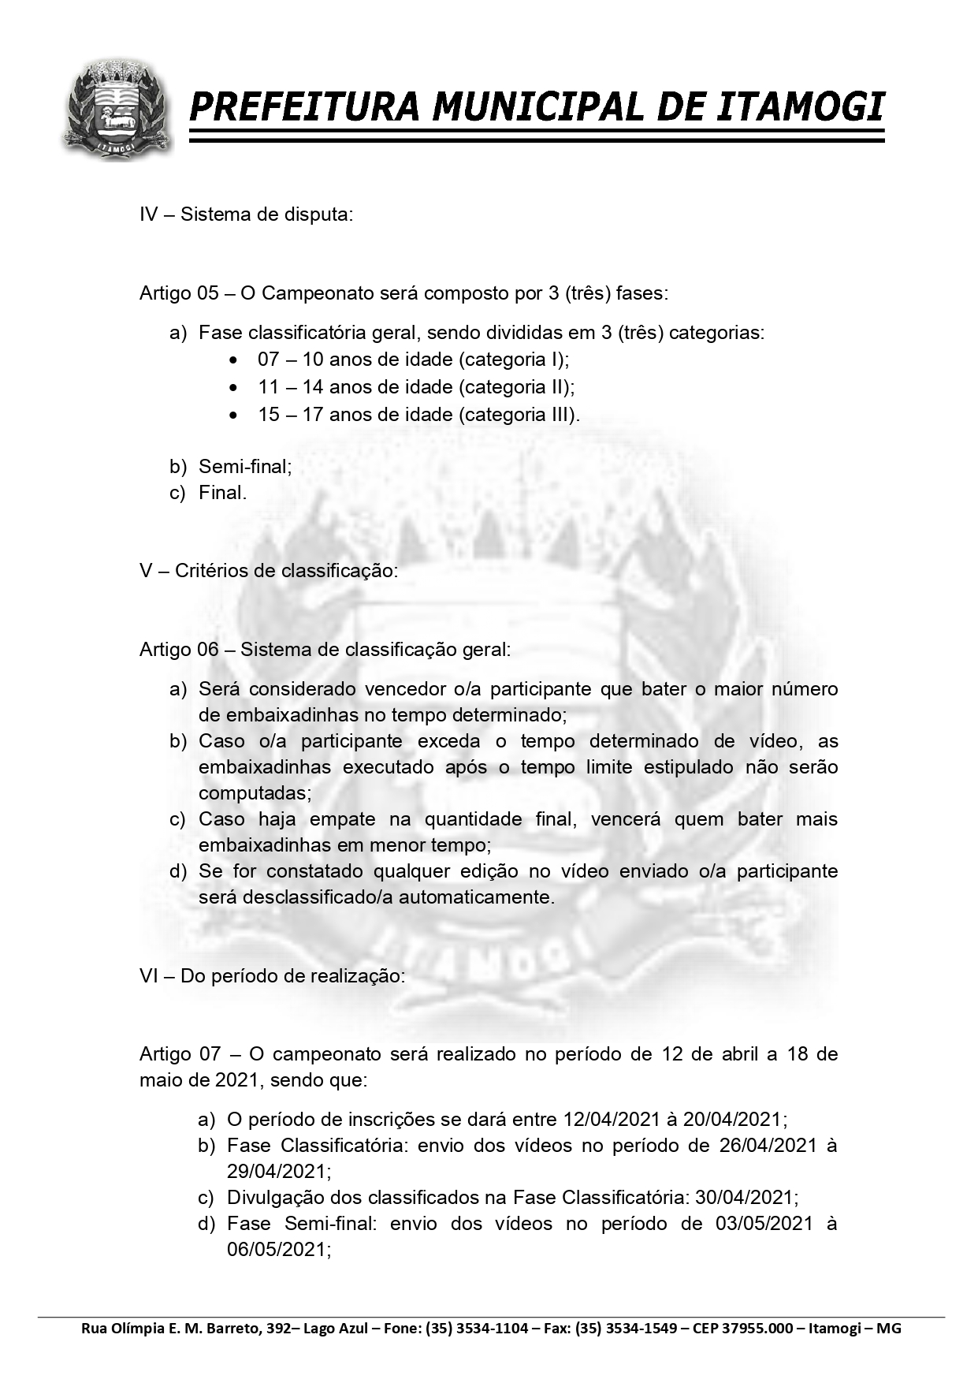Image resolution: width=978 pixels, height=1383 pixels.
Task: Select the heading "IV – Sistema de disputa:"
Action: coord(246,214)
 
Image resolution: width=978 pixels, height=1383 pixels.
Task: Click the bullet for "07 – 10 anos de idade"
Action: coord(232,360)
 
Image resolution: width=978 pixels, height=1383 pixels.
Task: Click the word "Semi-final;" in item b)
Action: coord(245,466)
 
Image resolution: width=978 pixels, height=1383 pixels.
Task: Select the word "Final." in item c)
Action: coord(223,493)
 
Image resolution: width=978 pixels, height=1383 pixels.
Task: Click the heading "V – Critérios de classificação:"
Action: coord(268,570)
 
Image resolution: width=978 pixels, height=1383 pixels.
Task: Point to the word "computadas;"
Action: coord(255,792)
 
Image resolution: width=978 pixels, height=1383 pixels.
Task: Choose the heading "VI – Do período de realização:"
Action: coord(272,976)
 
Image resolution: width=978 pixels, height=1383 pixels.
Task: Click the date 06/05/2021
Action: coord(278,1250)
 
